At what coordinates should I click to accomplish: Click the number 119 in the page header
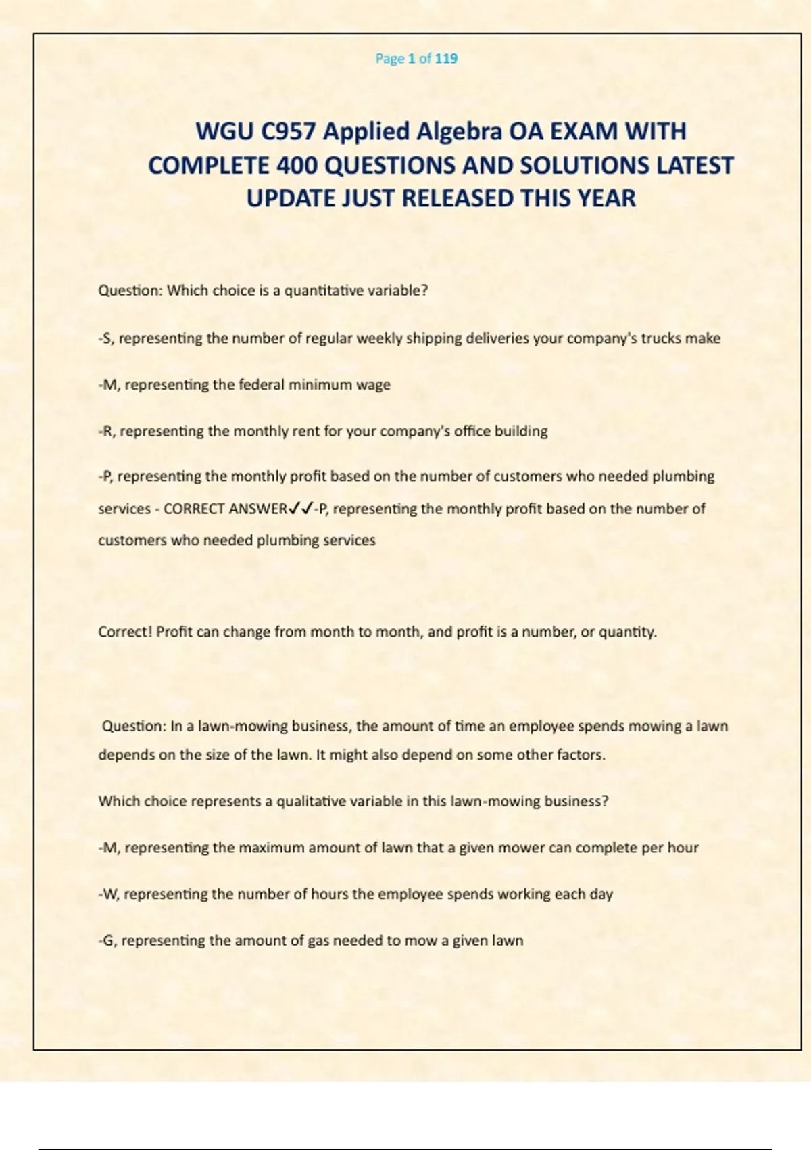coord(446,59)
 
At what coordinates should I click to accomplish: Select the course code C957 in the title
coord(289,131)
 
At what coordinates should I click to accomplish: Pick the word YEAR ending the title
coord(605,199)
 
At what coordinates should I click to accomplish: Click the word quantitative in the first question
coord(322,291)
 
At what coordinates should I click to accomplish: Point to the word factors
coord(581,755)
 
